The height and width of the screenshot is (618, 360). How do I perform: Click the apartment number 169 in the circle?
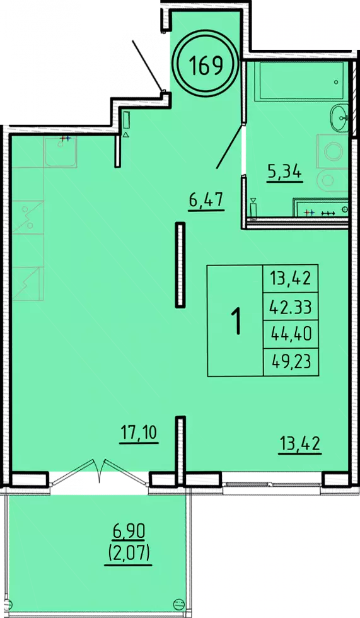point(206,65)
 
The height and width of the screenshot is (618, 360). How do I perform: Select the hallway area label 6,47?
point(206,201)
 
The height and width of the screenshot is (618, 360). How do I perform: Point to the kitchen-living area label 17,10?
point(139,433)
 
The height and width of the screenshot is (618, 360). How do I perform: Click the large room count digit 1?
point(237,320)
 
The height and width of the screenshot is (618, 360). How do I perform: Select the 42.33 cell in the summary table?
point(291,306)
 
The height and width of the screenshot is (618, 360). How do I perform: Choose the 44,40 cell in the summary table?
point(291,334)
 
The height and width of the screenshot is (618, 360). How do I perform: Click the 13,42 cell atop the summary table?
point(291,278)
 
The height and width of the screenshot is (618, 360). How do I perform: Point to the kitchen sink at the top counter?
point(61,153)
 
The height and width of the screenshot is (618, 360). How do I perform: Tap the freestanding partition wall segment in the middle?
point(180,265)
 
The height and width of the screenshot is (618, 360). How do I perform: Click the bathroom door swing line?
point(229,146)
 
